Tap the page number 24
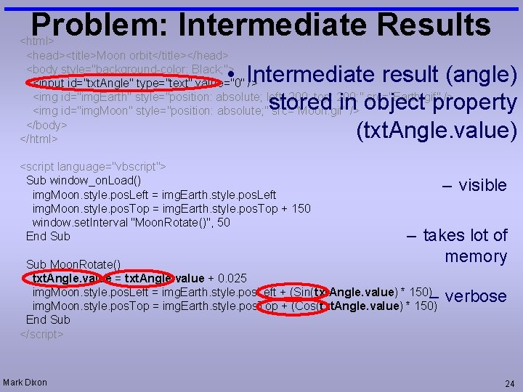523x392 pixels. click(x=508, y=383)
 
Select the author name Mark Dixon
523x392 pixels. click(x=25, y=382)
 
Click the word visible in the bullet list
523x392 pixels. click(x=482, y=185)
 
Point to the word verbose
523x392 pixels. click(x=476, y=296)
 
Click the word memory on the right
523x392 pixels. click(x=476, y=256)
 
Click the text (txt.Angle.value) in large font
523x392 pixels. click(x=436, y=131)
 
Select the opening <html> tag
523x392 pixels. click(x=34, y=40)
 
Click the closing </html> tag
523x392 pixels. click(x=38, y=138)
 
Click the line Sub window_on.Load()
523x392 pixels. click(x=84, y=181)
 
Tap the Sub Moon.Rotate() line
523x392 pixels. click(x=73, y=264)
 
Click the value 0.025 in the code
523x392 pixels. click(x=231, y=278)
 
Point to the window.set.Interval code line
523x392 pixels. click(x=131, y=222)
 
